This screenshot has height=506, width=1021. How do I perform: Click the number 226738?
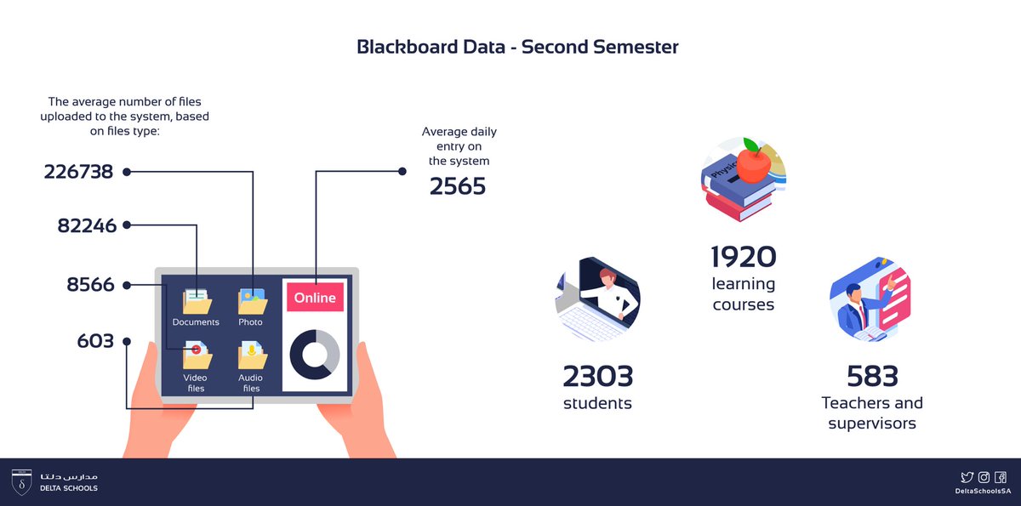pyautogui.click(x=78, y=172)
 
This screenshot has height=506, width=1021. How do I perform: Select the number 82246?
pyautogui.click(x=86, y=225)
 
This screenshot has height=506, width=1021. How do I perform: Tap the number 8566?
pyautogui.click(x=90, y=284)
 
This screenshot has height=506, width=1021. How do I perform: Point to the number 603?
pyautogui.click(x=95, y=341)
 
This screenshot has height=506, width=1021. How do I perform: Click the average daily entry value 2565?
pyautogui.click(x=458, y=185)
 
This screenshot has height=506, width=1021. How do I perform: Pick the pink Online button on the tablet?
pyautogui.click(x=316, y=298)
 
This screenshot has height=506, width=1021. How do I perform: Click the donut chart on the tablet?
pyautogui.click(x=315, y=355)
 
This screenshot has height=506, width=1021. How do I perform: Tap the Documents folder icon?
pyautogui.click(x=197, y=301)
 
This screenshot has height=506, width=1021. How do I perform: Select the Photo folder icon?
pyautogui.click(x=251, y=301)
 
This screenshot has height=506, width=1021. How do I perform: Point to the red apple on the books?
pyautogui.click(x=753, y=162)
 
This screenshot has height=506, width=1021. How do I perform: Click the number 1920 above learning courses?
pyautogui.click(x=744, y=256)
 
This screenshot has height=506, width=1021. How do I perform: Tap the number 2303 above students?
pyautogui.click(x=597, y=375)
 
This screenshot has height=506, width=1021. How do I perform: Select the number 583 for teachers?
pyautogui.click(x=872, y=375)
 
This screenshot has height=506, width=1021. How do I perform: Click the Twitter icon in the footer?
pyautogui.click(x=967, y=478)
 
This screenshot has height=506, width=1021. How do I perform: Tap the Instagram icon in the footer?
pyautogui.click(x=984, y=478)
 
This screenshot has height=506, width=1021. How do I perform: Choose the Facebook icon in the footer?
pyautogui.click(x=1001, y=478)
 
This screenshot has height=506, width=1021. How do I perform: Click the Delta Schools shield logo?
pyautogui.click(x=22, y=481)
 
